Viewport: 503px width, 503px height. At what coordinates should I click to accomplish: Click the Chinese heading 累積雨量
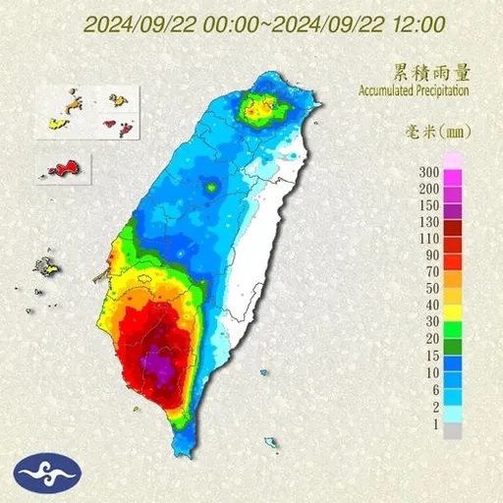point(427,72)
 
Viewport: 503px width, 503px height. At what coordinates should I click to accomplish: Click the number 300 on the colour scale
point(428,172)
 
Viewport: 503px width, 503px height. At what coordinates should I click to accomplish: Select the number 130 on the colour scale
point(428,222)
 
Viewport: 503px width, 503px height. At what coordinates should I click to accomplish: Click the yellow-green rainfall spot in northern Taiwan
point(258,110)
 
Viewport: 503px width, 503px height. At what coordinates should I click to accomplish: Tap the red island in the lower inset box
point(63,169)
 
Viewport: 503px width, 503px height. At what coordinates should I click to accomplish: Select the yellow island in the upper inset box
point(55,125)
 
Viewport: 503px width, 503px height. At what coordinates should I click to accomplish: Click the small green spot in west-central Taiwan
point(209,185)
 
